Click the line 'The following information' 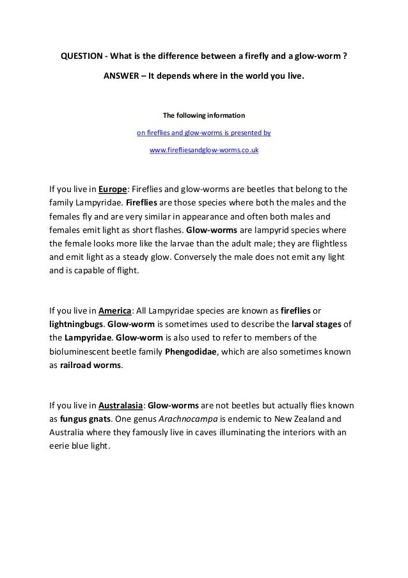(x=204, y=116)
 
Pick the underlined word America (x=115, y=310)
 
